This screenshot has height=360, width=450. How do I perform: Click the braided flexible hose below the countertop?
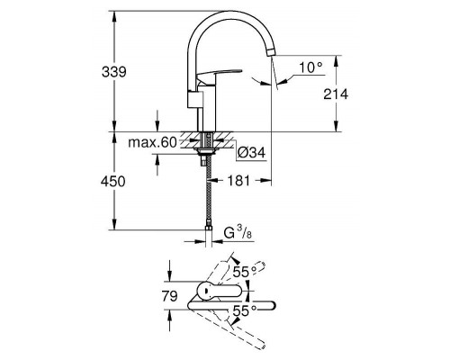pos(208,193)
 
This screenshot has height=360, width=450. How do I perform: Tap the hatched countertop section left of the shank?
pos(190,139)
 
